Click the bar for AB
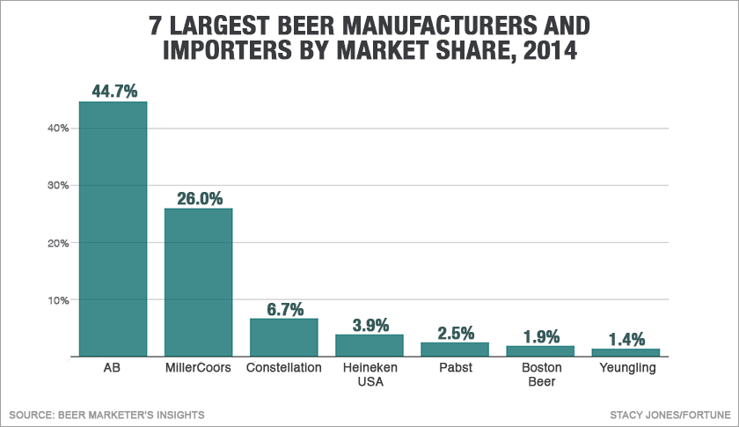pos(113,229)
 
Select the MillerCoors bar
pos(198,282)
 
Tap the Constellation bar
pos(283,337)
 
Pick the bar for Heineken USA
pos(369,345)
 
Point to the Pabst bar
pos(454,350)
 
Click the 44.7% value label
pos(113,91)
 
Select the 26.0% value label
pos(198,198)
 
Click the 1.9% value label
pos(539,336)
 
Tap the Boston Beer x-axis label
pos(539,375)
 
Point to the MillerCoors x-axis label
pos(198,368)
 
